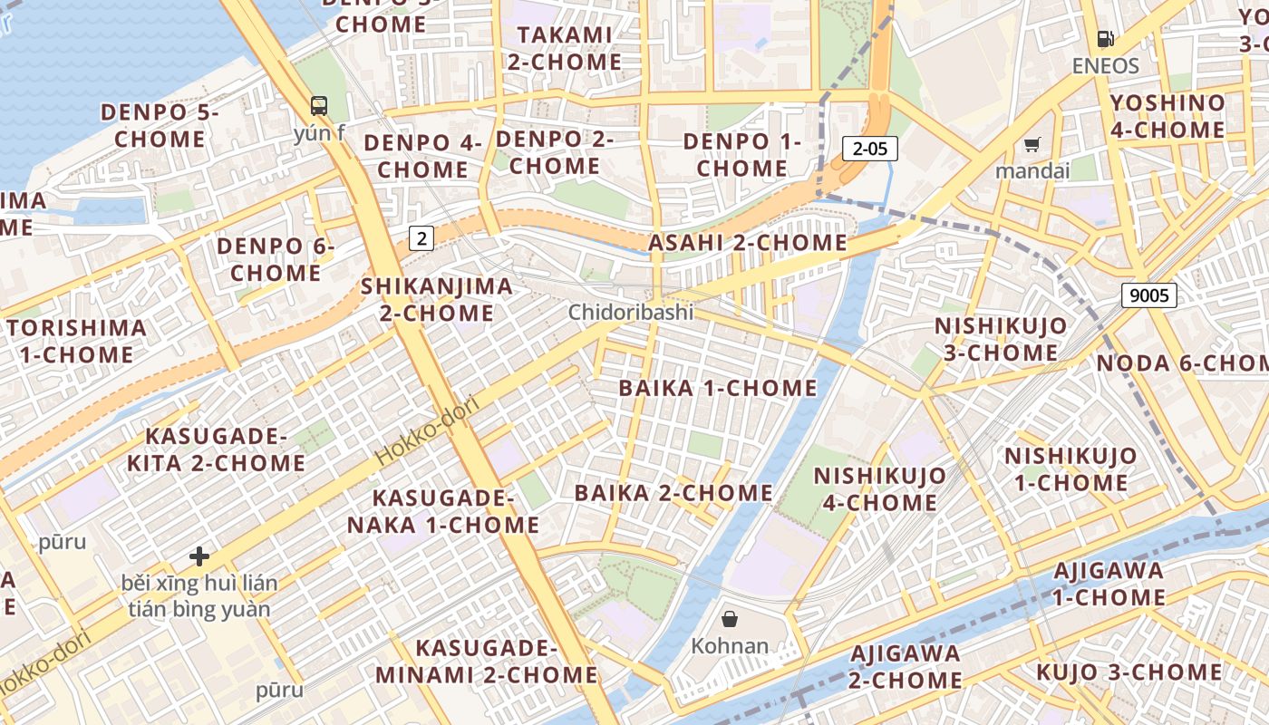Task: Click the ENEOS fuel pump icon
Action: click(1105, 39)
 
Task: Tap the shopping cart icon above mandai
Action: click(1032, 144)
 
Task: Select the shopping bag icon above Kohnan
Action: click(730, 619)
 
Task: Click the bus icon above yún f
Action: click(319, 105)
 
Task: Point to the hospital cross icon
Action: click(199, 556)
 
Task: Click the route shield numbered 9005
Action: click(1148, 295)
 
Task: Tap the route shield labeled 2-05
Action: click(869, 149)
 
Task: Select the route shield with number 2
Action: click(421, 238)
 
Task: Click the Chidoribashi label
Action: click(631, 313)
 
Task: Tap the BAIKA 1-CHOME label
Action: click(718, 388)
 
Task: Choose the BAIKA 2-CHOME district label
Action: click(673, 493)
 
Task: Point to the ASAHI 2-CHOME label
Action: click(748, 243)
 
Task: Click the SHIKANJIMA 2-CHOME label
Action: click(437, 300)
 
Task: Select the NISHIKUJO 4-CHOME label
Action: click(879, 488)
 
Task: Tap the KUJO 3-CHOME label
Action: click(1129, 672)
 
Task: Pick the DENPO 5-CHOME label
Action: click(160, 126)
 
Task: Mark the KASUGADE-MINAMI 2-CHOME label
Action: click(486, 662)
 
